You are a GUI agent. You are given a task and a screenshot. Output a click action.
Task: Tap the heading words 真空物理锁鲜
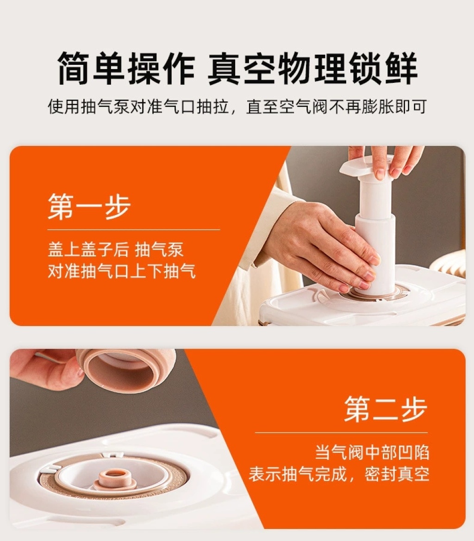(x=312, y=68)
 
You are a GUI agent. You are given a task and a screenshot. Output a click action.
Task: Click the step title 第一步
(x=89, y=206)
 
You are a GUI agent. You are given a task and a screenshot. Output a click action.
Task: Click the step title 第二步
(x=386, y=409)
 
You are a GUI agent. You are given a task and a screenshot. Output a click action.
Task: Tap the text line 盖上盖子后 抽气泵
(x=115, y=250)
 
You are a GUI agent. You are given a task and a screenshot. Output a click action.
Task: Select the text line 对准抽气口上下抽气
(x=121, y=271)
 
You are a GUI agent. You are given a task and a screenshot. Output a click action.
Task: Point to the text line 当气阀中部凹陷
(x=372, y=453)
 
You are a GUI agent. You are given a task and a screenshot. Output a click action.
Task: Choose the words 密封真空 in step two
(x=397, y=474)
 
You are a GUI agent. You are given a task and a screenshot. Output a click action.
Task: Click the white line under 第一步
(x=134, y=229)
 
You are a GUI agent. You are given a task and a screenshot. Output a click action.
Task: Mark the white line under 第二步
(x=341, y=432)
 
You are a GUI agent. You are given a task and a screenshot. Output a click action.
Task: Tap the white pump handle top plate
(x=366, y=166)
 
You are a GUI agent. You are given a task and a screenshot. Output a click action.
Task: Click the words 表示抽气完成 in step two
(x=298, y=474)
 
